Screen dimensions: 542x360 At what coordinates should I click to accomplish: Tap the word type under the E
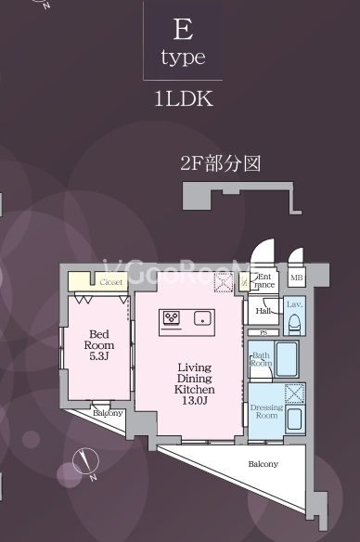183,58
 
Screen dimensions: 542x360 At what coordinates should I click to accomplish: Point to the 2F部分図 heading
220,164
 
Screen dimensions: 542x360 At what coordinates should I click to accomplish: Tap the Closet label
110,281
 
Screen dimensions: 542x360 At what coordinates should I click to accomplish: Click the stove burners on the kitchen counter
173,318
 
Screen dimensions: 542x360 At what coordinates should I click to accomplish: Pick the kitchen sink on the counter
200,318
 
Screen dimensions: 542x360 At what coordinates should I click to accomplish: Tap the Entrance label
264,281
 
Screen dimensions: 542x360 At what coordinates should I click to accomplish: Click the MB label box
296,277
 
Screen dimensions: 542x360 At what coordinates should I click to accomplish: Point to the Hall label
263,312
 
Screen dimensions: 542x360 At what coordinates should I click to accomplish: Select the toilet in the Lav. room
293,323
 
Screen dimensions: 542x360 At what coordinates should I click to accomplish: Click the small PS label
263,332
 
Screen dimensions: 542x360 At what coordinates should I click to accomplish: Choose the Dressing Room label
267,411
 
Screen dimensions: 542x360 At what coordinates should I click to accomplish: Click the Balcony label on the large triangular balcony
262,463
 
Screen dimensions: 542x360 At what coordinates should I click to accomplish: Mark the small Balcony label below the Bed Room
108,413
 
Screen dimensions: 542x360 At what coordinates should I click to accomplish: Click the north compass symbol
85,460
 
